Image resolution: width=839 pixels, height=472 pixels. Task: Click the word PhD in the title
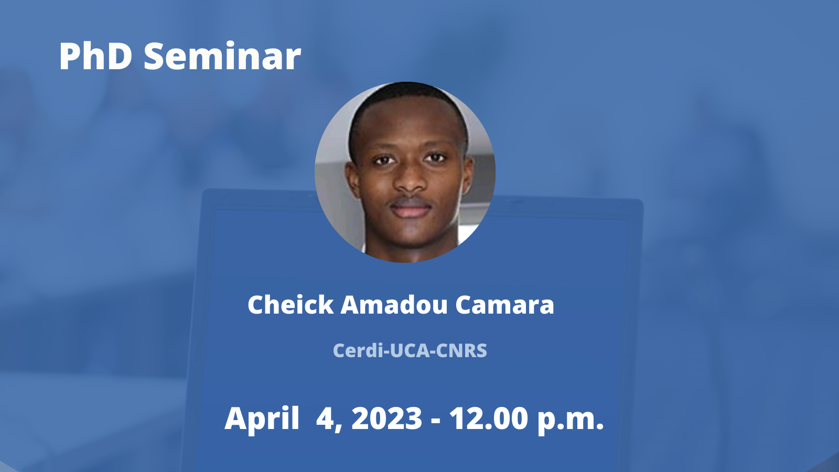96,56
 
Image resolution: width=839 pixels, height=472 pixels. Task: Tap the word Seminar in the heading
222,56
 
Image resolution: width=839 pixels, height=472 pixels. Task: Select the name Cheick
291,305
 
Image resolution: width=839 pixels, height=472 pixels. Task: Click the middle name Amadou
394,305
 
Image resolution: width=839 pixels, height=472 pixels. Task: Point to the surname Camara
504,305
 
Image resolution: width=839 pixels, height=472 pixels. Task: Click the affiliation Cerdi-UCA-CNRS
410,351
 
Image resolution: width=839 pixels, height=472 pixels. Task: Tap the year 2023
388,419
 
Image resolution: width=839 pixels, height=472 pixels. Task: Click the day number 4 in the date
327,419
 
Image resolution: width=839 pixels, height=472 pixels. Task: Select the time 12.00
489,419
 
